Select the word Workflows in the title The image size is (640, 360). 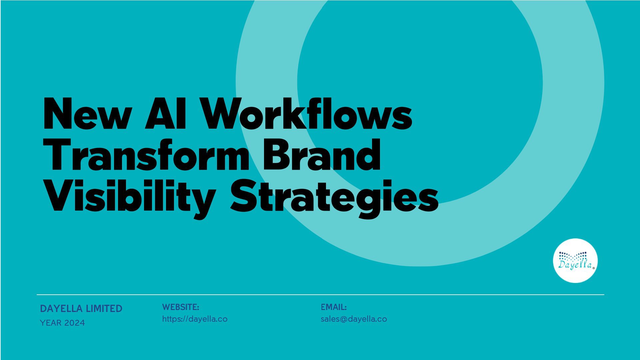click(307, 113)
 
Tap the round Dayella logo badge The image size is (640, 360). click(575, 261)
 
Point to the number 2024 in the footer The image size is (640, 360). click(75, 323)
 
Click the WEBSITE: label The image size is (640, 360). click(181, 307)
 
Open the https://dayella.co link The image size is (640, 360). click(195, 319)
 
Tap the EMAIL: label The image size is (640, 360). click(334, 307)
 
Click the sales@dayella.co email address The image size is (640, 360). click(354, 319)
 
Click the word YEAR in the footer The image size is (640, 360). click(51, 323)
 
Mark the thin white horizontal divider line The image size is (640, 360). click(320, 295)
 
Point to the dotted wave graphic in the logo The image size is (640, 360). click(573, 256)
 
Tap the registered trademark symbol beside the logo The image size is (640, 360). click(594, 268)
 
